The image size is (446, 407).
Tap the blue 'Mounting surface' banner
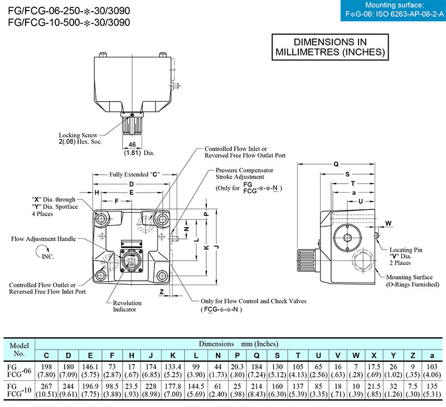tap(392, 11)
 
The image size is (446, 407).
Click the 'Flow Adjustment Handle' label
tap(43, 239)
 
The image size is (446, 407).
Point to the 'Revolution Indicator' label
tap(127, 306)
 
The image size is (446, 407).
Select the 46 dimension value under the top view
tap(133, 144)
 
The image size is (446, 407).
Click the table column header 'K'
tap(173, 356)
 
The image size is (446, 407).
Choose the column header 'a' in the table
tap(432, 356)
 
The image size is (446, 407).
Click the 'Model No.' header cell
tap(19, 349)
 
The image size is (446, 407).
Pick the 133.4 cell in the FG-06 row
tap(173, 367)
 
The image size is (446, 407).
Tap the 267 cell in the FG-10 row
tap(46, 386)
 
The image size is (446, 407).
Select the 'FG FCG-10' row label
tap(19, 390)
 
